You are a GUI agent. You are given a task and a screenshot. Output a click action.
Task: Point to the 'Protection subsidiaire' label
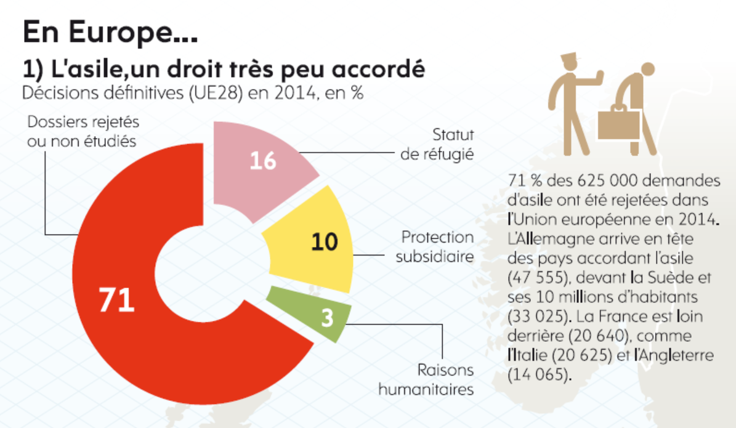pos(435,246)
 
